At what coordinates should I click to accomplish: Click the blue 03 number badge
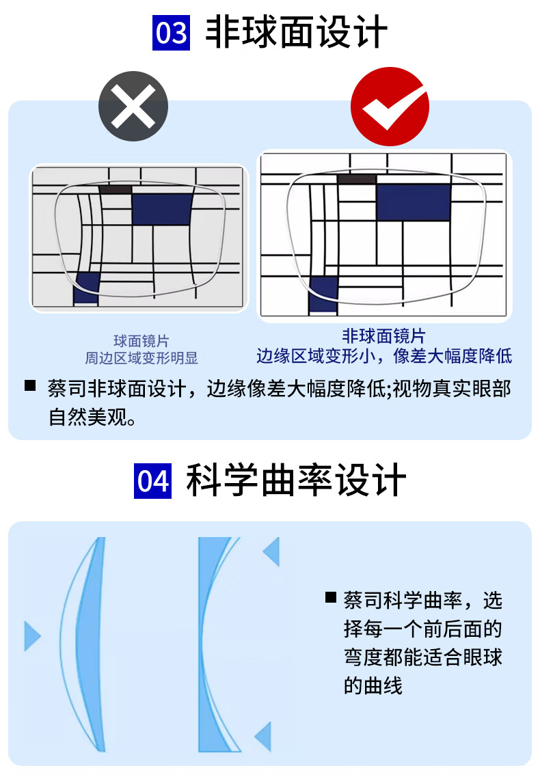171,33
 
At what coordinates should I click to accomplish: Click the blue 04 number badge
152,480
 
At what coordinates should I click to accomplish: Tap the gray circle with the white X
133,106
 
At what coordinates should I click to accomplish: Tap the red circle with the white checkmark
390,107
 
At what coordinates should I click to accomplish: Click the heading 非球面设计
296,32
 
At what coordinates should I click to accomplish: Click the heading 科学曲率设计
296,480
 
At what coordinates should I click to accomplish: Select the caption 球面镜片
141,341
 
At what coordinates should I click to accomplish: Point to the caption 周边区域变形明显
141,358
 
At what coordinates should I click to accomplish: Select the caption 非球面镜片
383,336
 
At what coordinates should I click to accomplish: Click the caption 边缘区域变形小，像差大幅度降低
384,356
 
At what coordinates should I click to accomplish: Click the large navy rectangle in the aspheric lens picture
414,202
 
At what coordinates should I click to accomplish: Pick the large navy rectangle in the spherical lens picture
163,209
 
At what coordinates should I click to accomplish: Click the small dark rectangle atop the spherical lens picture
115,189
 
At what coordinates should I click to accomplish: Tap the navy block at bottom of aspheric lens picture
323,295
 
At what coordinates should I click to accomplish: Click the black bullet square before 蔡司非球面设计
30,385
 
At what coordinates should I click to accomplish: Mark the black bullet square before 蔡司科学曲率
330,597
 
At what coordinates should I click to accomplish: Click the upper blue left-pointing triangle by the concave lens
271,552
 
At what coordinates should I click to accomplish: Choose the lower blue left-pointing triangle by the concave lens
263,736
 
